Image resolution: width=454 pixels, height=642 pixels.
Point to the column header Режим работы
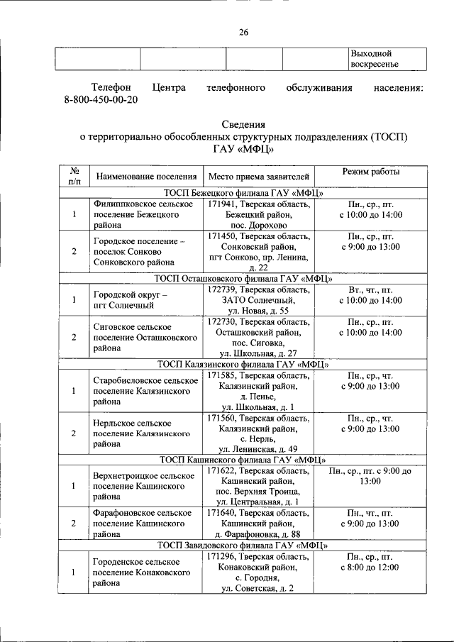tap(370, 172)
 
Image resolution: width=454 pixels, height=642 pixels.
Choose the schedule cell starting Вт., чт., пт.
tap(370, 297)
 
